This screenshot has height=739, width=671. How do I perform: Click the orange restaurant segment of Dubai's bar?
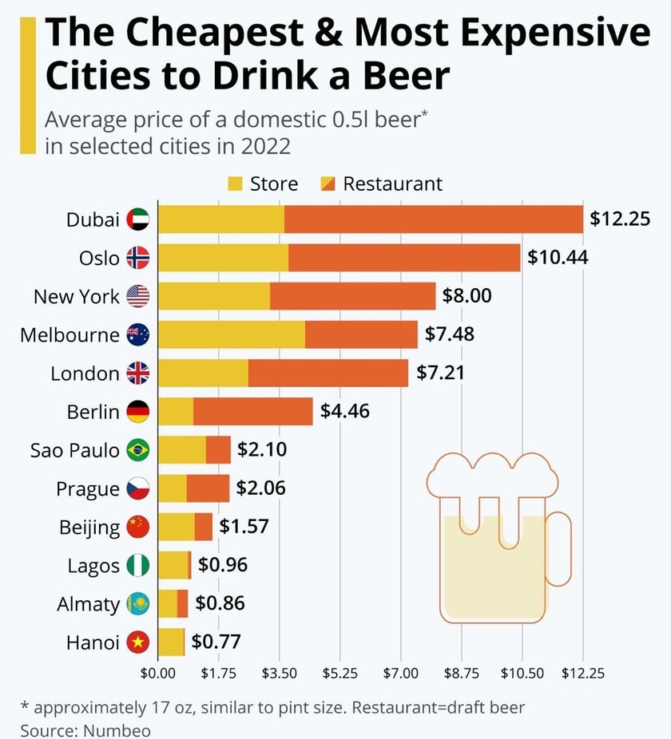point(434,219)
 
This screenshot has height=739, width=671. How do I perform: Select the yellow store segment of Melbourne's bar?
point(232,335)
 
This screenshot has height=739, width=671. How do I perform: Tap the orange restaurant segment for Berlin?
point(252,412)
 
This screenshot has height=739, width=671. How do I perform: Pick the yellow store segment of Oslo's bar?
point(223,258)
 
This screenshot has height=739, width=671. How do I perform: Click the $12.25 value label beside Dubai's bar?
point(620,219)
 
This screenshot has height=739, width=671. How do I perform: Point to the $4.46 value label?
point(344,412)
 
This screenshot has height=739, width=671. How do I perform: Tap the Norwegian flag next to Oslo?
point(138,258)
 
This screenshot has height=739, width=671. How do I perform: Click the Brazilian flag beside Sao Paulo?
point(138,450)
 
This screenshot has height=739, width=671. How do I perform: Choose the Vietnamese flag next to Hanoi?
point(138,642)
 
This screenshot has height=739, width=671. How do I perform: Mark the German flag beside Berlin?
point(138,412)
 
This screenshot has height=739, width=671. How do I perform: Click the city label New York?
point(77,297)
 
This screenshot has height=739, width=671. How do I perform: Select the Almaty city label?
point(88,604)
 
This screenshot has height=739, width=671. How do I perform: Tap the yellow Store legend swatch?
point(235,184)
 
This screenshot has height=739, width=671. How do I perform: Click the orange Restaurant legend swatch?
point(328,184)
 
